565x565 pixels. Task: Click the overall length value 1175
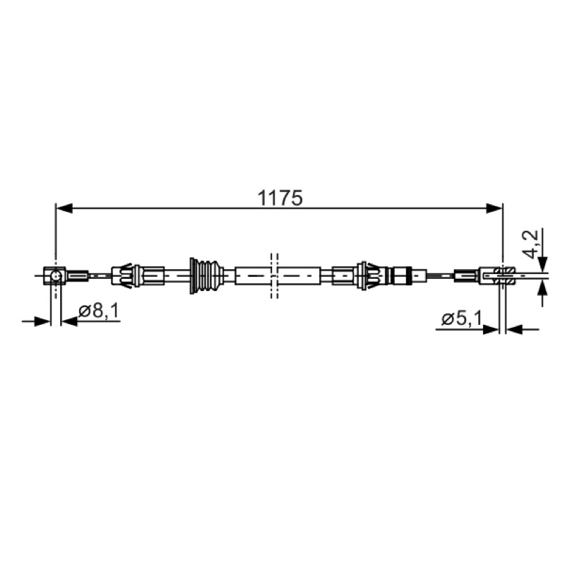click(280, 198)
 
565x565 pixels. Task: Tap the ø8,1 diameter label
click(99, 311)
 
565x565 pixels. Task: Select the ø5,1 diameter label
click(462, 319)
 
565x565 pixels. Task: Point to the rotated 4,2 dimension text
click(531, 244)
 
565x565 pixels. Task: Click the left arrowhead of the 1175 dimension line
click(64, 208)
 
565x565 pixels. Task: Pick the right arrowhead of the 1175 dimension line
click(494, 208)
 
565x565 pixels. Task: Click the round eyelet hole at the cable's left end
click(56, 276)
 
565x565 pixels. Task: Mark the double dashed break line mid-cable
click(274, 275)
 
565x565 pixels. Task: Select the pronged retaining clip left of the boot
click(126, 275)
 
